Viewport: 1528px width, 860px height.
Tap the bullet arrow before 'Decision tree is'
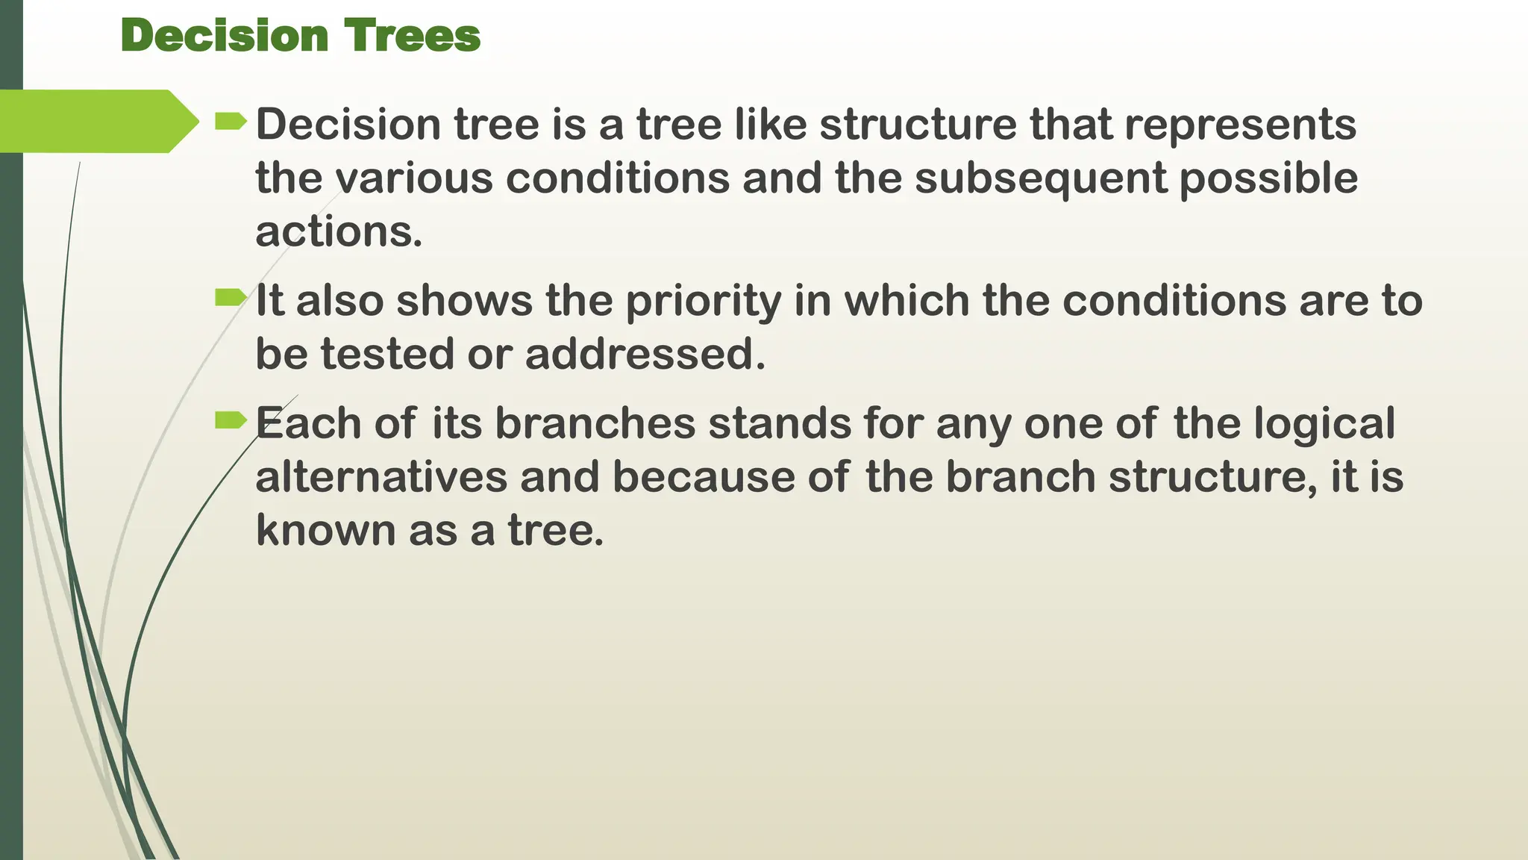tap(230, 121)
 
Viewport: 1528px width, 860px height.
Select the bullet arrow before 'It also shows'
tap(230, 299)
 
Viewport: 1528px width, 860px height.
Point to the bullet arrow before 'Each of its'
tap(230, 421)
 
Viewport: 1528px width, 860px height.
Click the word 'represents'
tap(1240, 125)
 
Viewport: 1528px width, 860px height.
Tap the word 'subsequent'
tap(1040, 179)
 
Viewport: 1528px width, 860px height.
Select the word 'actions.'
tap(339, 232)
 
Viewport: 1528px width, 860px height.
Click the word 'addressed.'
tap(645, 355)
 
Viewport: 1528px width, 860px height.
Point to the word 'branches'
tap(595, 423)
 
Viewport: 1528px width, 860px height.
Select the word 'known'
tap(326, 531)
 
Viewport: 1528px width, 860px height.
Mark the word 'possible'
tap(1268, 179)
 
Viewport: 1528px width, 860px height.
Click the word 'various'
tap(413, 179)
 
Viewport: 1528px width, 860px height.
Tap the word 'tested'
tap(387, 355)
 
